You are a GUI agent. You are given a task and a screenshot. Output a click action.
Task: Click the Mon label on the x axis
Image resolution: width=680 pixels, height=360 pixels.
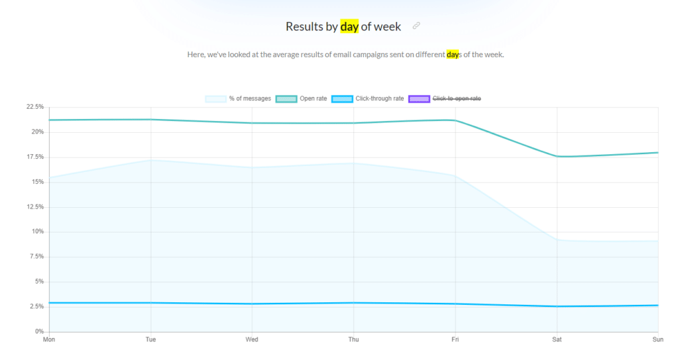tap(49, 339)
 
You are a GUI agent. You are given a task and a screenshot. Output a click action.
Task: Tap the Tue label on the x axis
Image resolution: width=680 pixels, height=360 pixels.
tap(151, 339)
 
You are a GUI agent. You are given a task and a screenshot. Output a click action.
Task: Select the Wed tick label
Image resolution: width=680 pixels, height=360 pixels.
tap(252, 339)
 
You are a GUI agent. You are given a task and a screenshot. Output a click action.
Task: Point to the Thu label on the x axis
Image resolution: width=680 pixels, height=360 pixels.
tap(354, 339)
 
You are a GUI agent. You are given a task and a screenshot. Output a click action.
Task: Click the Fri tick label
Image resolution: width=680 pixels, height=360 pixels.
tap(456, 339)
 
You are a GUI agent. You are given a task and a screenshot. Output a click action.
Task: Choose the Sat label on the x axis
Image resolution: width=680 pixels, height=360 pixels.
tap(557, 339)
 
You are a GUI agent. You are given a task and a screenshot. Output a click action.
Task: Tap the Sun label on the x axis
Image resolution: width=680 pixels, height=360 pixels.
tap(657, 339)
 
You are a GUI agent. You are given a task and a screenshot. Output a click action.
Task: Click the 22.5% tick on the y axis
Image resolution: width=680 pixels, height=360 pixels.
tap(35, 107)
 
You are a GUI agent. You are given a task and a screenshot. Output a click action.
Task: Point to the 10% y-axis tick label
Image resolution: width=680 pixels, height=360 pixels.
tap(37, 232)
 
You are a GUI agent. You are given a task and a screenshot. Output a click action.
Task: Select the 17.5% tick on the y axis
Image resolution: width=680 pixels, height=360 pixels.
tap(35, 157)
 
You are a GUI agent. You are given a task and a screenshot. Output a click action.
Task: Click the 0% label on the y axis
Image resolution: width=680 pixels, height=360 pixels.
tap(39, 331)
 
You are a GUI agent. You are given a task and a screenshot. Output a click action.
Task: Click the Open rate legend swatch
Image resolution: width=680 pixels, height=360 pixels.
tap(286, 99)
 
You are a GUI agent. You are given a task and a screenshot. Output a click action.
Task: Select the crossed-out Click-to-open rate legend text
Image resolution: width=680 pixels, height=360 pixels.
tap(457, 99)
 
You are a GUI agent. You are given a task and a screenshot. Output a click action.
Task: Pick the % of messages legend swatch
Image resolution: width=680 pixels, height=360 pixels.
tap(215, 99)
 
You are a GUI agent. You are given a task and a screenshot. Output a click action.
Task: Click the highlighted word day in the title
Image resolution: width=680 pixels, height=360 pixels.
tap(349, 27)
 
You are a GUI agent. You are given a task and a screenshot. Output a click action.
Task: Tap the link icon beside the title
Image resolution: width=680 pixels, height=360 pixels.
tap(416, 26)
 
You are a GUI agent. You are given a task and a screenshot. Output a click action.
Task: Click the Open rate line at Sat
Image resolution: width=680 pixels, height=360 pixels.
tap(557, 157)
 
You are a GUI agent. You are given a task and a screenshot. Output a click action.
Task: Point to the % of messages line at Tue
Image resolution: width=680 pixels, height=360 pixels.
tap(151, 160)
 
